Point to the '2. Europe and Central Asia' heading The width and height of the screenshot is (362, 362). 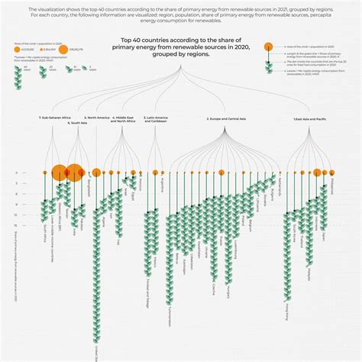pyautogui.click(x=227, y=118)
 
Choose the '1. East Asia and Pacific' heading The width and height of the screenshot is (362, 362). pyautogui.click(x=310, y=118)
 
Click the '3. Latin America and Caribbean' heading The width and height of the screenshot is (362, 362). pyautogui.click(x=156, y=120)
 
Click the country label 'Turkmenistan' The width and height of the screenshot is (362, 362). pyautogui.click(x=160, y=306)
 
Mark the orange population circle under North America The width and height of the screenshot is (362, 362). pyautogui.click(x=96, y=173)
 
